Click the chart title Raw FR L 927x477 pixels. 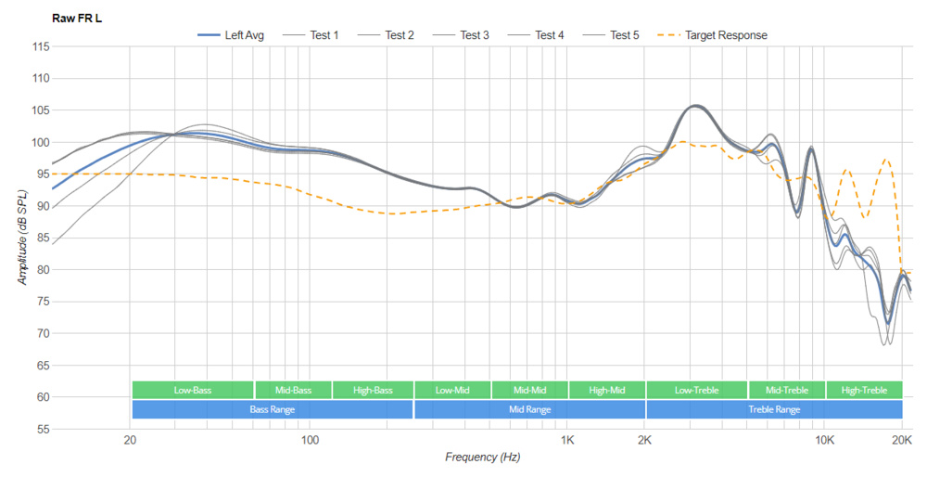coord(77,18)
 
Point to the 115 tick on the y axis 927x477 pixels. coord(40,46)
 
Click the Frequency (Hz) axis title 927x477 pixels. coord(482,457)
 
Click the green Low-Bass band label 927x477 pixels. coord(193,390)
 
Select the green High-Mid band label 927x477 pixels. coord(606,390)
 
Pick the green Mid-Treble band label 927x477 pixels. coord(786,390)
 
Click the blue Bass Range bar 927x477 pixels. coord(272,409)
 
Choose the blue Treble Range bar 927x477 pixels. coord(774,409)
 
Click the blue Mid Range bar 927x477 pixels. coord(529,409)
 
